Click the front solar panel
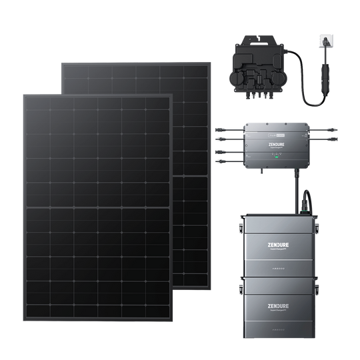point(97,200)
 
